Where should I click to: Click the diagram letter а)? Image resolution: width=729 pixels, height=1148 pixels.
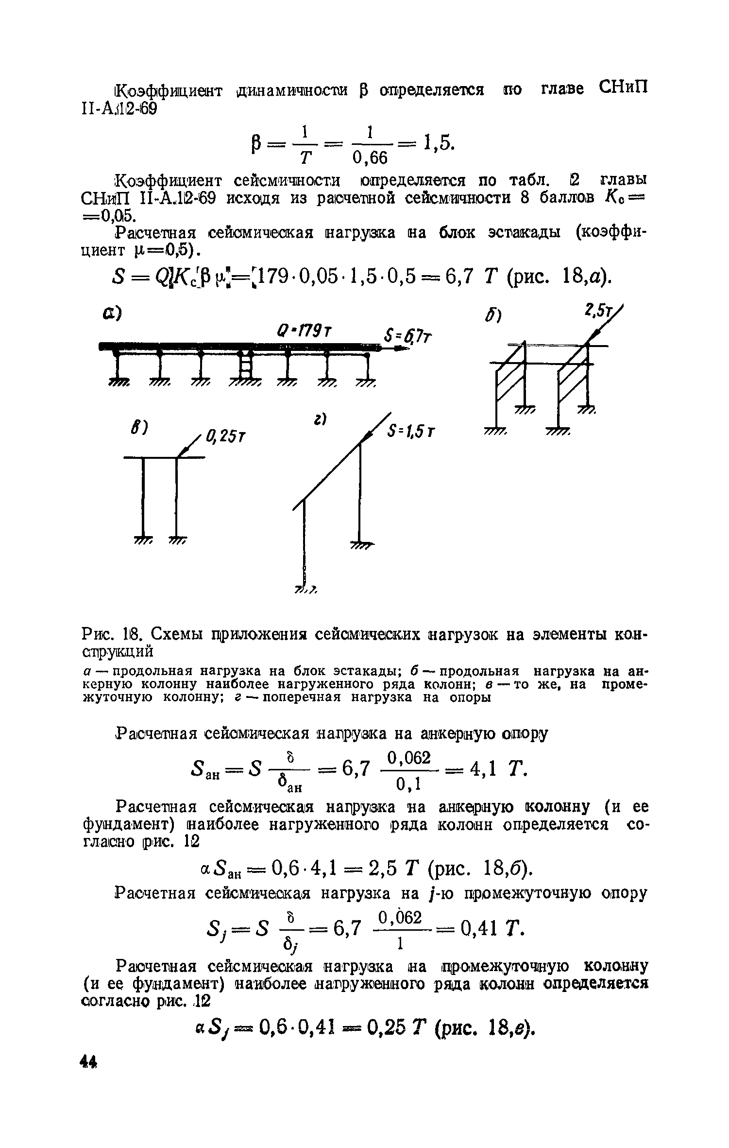click(111, 313)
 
